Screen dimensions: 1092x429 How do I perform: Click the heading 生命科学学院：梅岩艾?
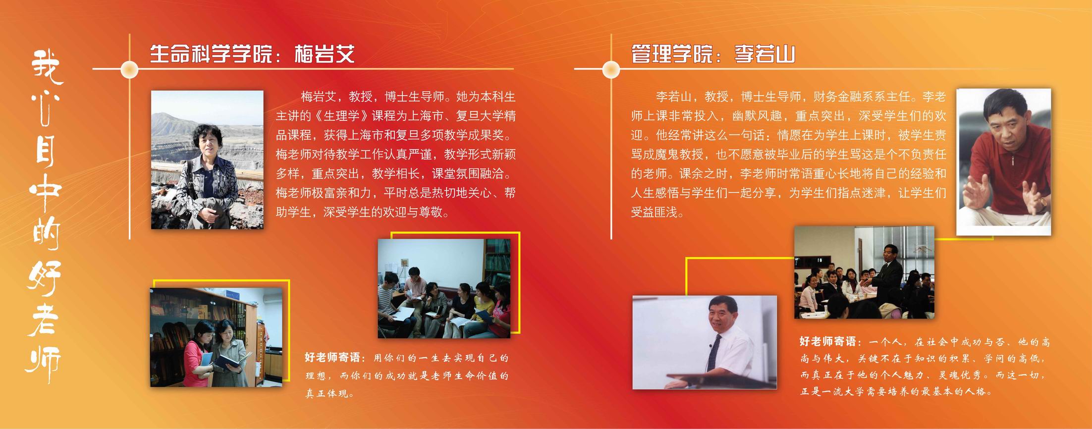(252, 54)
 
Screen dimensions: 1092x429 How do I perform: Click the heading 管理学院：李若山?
(713, 54)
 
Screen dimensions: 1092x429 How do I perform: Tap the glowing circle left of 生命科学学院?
(129, 69)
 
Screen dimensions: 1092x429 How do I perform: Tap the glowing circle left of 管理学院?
(611, 69)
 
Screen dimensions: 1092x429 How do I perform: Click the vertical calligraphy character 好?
(46, 278)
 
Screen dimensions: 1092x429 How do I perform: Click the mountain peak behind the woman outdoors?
(168, 119)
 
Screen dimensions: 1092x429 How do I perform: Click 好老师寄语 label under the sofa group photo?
(335, 358)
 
